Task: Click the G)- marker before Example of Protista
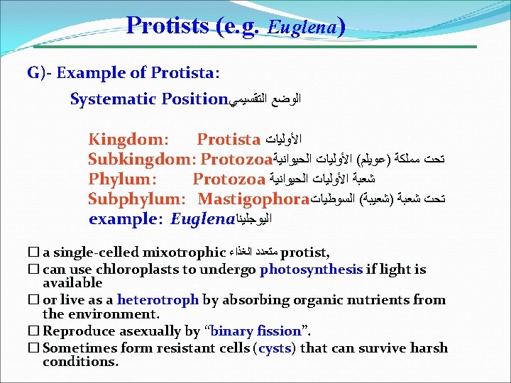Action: tap(40, 72)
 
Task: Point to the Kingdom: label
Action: tap(128, 138)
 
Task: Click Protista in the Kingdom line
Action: tap(229, 138)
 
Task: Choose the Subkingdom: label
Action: tap(143, 158)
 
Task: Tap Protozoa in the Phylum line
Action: tap(229, 178)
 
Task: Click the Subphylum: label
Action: tap(136, 199)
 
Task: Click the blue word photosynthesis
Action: tap(312, 269)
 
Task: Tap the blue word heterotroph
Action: tap(158, 300)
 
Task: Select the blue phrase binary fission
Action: tap(256, 331)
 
